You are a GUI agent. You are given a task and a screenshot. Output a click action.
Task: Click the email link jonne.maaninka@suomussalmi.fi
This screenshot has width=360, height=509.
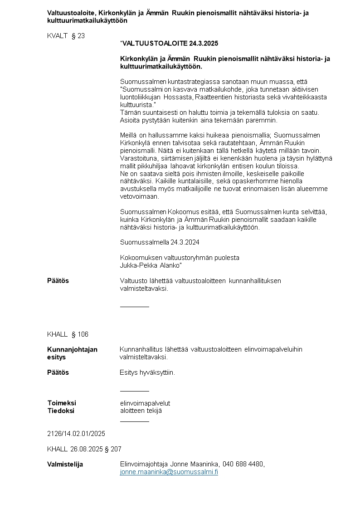click(169, 472)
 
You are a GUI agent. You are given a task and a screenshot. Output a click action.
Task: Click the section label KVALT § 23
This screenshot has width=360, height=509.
click(66, 36)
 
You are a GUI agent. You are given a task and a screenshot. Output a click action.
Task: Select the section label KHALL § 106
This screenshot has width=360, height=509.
click(68, 334)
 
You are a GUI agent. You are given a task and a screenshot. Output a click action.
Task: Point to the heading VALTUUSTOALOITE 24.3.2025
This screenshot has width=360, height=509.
click(170, 44)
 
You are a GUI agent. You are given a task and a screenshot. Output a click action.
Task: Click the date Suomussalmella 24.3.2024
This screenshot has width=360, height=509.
click(160, 242)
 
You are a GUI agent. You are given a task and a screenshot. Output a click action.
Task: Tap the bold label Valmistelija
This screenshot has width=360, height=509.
click(65, 464)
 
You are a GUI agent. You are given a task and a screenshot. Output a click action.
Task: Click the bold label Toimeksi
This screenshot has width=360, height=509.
click(62, 403)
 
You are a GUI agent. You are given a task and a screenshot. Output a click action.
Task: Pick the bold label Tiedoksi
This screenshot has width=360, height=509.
click(61, 411)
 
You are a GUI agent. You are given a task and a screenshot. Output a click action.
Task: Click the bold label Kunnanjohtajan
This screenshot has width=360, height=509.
click(72, 349)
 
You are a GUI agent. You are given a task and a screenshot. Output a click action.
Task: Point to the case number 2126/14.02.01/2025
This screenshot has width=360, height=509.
click(76, 434)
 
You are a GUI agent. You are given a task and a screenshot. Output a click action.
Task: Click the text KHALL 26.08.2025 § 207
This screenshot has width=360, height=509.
click(84, 449)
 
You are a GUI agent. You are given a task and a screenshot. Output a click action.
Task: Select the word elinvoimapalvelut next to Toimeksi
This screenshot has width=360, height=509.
click(145, 403)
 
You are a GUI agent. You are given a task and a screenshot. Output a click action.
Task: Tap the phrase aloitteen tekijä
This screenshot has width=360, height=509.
click(141, 411)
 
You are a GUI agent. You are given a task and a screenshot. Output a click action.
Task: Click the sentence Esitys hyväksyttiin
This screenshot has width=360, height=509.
click(147, 372)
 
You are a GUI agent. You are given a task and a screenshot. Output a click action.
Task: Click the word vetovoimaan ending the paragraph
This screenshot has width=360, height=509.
click(140, 196)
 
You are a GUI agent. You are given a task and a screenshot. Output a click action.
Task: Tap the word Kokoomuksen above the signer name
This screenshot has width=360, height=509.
click(139, 258)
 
